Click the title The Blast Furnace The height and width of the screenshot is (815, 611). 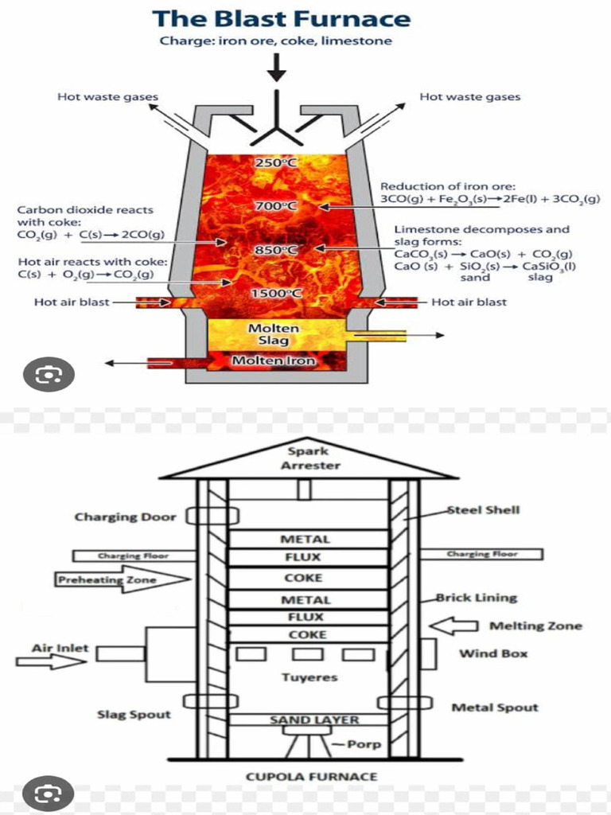pos(281,18)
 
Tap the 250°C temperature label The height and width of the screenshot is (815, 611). pos(276,163)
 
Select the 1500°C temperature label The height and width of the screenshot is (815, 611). pos(276,294)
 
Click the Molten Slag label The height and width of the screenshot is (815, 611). pos(274,334)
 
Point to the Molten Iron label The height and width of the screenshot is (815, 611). pos(273,361)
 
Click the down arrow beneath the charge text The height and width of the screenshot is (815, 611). pos(276,70)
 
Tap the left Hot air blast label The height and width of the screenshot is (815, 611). pos(72,302)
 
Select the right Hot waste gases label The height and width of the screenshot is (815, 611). pos(469,97)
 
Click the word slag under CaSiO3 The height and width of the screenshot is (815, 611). pos(540,278)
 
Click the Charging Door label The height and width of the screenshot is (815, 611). pos(125,517)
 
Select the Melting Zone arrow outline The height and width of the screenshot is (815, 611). pos(453,626)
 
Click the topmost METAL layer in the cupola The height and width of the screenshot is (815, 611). pos(305,540)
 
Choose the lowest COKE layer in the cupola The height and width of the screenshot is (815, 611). pos(307,634)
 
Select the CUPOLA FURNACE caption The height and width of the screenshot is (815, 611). pos(311,776)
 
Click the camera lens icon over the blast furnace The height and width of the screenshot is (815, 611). pos(49,374)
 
